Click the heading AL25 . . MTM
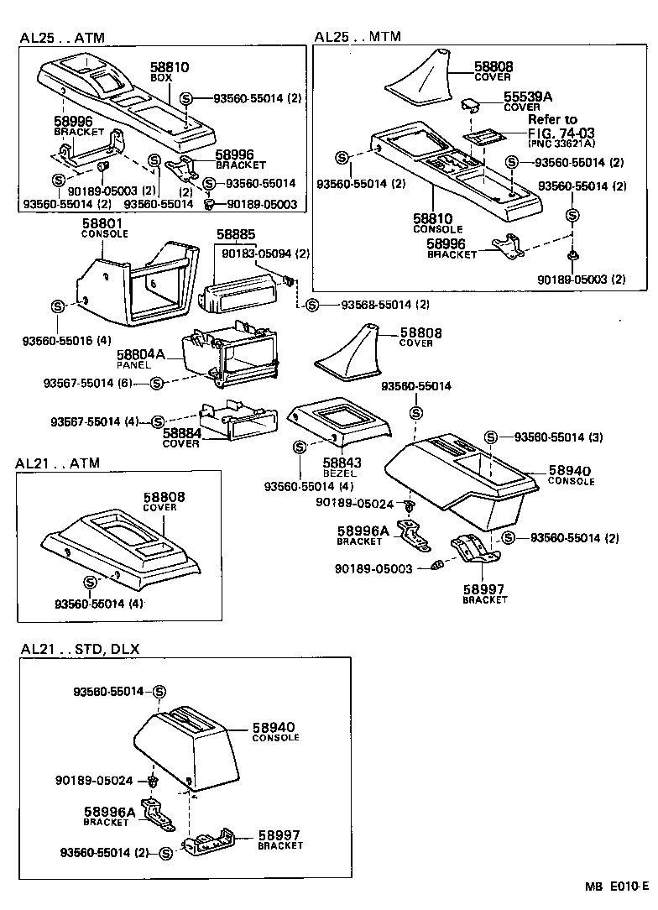pyautogui.click(x=358, y=36)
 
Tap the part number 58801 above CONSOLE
pyautogui.click(x=103, y=223)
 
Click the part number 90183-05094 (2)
pyautogui.click(x=267, y=254)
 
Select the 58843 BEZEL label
pyautogui.click(x=342, y=467)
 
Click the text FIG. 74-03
pyautogui.click(x=561, y=132)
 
